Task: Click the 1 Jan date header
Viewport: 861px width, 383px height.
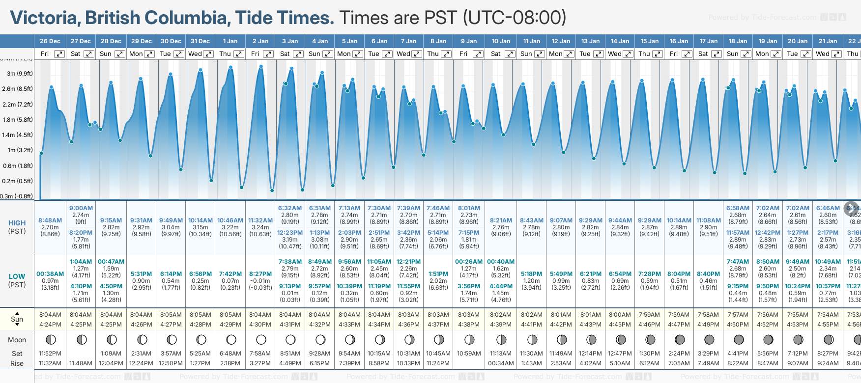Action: [230, 41]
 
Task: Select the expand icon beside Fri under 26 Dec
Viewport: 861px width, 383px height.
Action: [59, 54]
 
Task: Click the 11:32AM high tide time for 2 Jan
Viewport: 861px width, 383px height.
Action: [260, 220]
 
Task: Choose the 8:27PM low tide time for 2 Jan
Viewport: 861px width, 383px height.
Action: [260, 274]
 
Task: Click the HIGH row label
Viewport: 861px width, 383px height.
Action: [17, 223]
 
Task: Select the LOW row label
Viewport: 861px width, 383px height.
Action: [17, 276]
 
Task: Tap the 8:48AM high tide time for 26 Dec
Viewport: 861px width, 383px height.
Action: [50, 220]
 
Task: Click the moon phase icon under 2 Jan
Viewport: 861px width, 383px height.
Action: [261, 339]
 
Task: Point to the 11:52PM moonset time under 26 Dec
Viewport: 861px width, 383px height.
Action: [50, 354]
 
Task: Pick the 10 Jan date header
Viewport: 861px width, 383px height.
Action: [501, 41]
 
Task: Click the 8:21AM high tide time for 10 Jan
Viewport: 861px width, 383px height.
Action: [501, 220]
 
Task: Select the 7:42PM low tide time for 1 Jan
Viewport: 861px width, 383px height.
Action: [230, 274]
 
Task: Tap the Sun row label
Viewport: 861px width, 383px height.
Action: [17, 319]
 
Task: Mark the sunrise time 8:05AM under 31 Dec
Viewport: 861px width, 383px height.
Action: [200, 315]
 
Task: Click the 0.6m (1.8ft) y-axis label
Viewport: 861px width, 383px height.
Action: [18, 166]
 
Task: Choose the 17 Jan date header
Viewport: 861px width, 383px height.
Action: [709, 41]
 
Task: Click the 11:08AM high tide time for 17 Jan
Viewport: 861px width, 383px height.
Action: [709, 220]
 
